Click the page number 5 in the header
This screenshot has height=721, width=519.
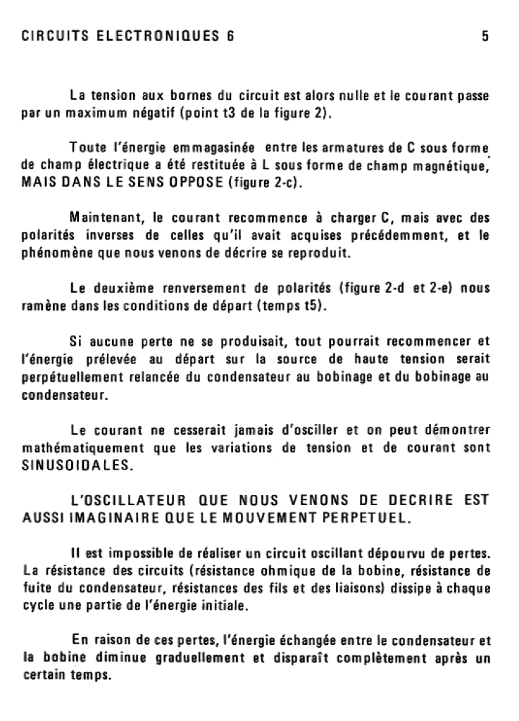click(485, 37)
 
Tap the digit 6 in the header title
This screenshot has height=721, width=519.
click(230, 37)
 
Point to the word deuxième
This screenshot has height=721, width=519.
click(118, 287)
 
